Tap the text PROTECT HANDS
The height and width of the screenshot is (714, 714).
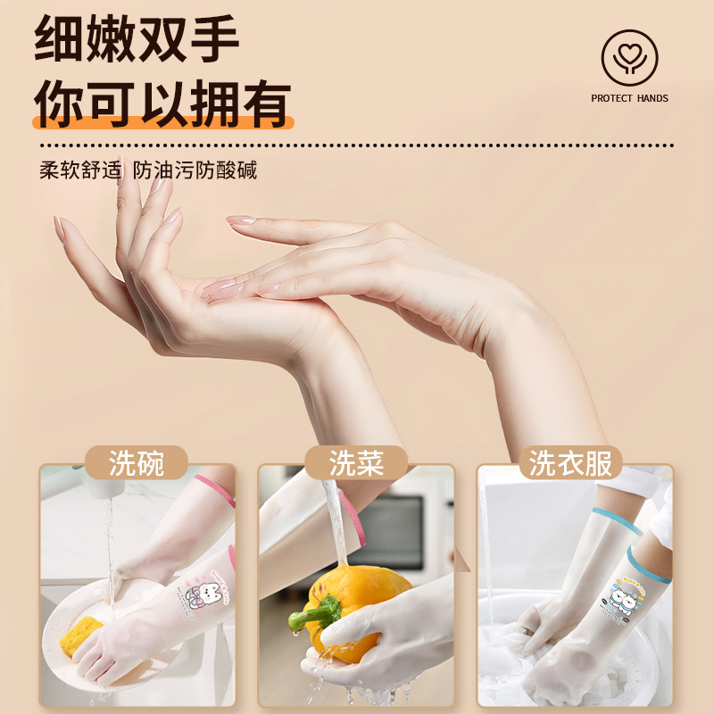tap(629, 98)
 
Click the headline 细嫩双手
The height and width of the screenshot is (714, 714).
tap(137, 39)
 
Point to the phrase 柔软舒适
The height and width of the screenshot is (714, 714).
tap(79, 170)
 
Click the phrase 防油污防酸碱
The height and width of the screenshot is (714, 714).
tap(195, 170)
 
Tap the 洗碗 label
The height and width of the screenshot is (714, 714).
tap(137, 463)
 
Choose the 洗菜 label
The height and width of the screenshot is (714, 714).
tap(356, 463)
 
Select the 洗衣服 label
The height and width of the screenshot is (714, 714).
tap(575, 463)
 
